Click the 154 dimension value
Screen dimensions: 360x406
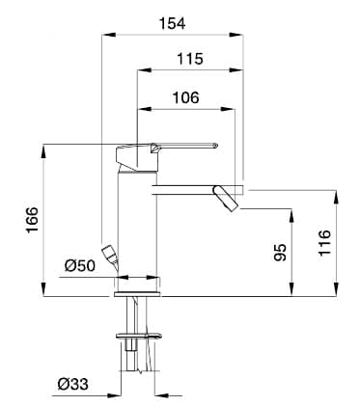point(173,23)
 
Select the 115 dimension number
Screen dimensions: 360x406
point(190,59)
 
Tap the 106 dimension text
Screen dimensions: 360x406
point(186,97)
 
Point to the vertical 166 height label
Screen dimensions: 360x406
point(32,220)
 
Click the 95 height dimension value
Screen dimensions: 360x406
point(280,253)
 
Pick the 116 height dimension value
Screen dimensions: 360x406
point(324,243)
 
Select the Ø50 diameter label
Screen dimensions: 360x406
point(79,266)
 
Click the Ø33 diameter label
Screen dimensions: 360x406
point(73,384)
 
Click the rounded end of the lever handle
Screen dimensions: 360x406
point(215,146)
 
